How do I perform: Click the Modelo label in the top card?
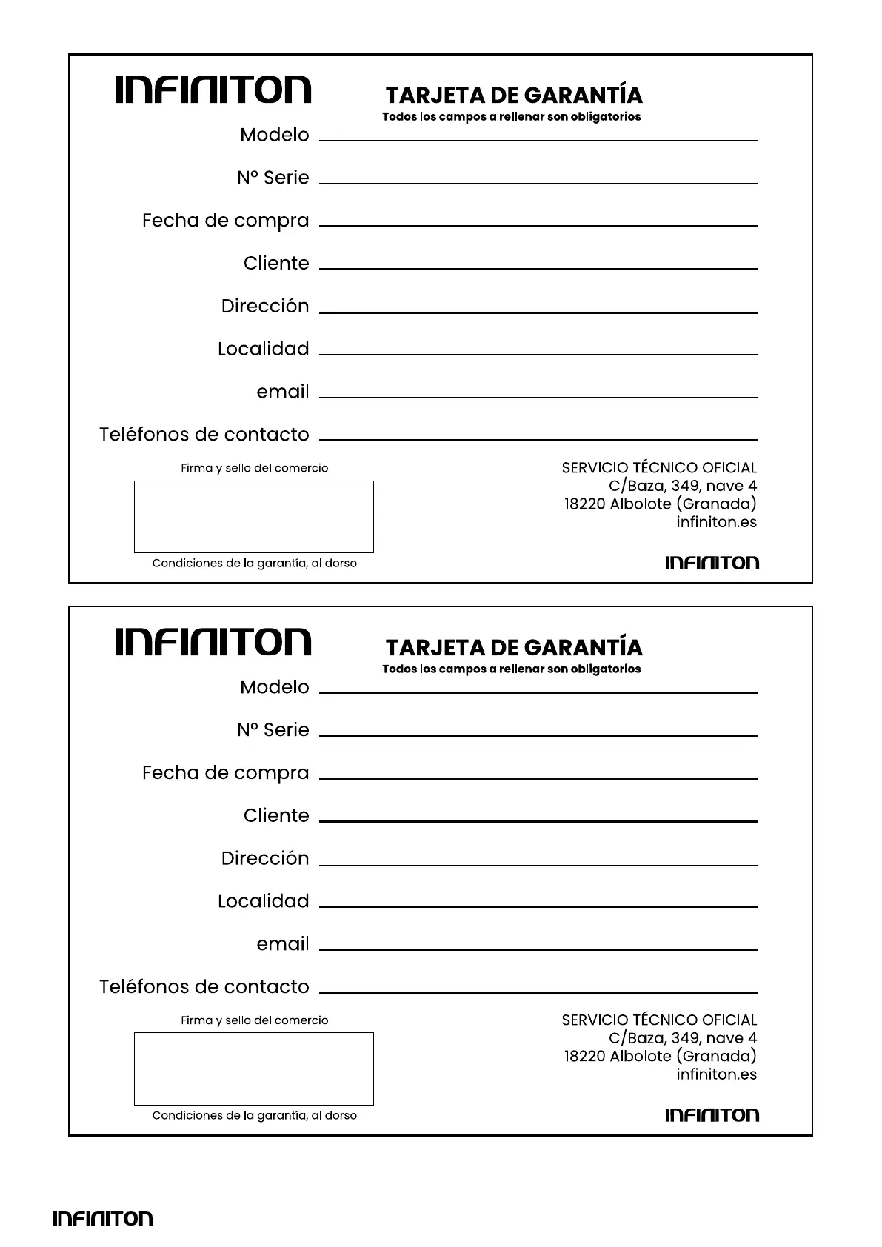[274, 136]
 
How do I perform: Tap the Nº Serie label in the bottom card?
[273, 730]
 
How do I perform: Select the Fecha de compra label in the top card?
[225, 221]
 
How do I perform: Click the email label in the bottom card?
[282, 944]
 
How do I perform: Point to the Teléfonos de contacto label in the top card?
[204, 435]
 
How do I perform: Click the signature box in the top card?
[253, 516]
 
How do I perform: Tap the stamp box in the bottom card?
[253, 1069]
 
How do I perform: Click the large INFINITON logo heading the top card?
[213, 90]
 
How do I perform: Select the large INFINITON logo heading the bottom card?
[213, 642]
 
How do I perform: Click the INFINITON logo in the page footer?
[102, 1218]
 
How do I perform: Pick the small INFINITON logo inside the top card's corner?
[712, 563]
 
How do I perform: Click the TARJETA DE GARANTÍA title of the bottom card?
[514, 648]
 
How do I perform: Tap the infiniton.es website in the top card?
[716, 522]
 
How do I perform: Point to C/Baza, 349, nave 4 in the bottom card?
[682, 1038]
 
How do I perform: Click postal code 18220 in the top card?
[584, 504]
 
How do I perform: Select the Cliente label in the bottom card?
[275, 816]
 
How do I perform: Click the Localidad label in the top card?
[263, 349]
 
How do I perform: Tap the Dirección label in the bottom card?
[264, 858]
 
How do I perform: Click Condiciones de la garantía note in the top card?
[254, 564]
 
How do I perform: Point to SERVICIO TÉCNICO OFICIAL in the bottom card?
[659, 1020]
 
